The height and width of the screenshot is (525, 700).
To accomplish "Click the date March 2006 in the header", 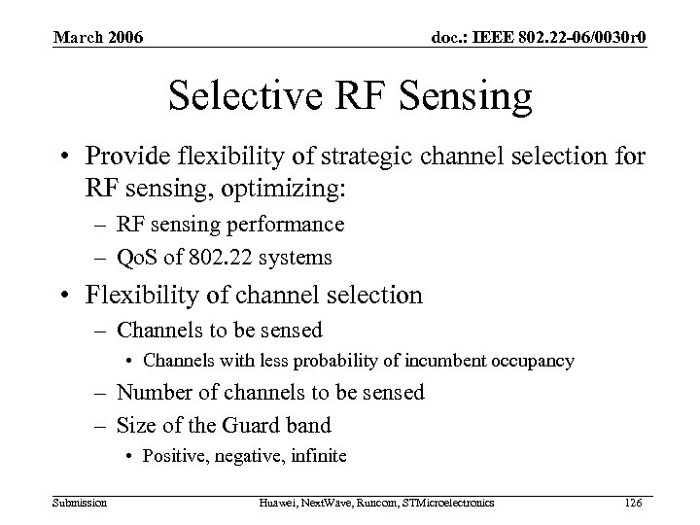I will pyautogui.click(x=97, y=38).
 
